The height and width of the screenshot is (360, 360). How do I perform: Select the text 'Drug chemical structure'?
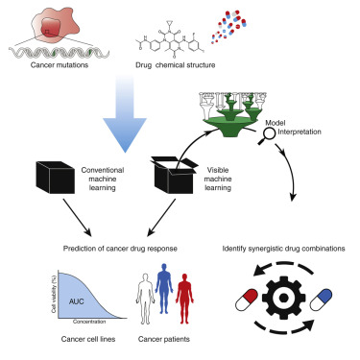177,68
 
